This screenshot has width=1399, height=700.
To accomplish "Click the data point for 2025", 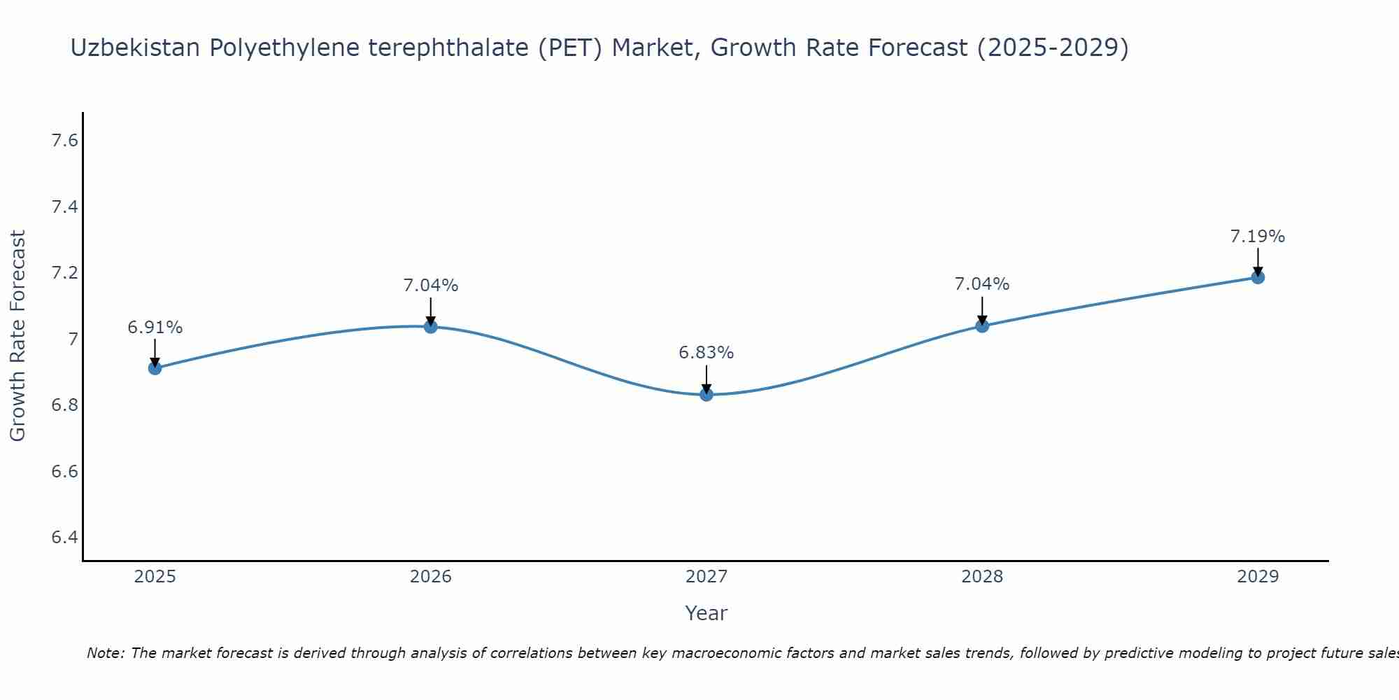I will point(155,368).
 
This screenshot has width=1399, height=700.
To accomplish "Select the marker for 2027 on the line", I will point(706,395).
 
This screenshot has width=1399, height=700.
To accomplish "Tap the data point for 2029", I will point(1258,277).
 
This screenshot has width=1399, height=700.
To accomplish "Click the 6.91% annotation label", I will point(155,328).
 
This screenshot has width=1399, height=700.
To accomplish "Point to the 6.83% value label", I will point(706,353).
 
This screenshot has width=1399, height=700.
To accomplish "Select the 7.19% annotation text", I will point(1258,237).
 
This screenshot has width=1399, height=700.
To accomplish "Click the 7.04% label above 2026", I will point(431,286).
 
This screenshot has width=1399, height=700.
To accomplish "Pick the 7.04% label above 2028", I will point(982,284).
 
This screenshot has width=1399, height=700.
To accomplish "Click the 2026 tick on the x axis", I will point(431,577).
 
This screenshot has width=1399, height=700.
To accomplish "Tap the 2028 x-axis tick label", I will point(982,577).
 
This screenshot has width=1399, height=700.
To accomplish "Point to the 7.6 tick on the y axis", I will point(64,141).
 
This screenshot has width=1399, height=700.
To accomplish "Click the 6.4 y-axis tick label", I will point(64,538).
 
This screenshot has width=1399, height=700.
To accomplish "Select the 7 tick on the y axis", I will point(72,339).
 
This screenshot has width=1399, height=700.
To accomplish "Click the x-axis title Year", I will point(706,613).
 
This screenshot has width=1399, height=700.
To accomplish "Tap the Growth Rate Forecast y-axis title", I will point(17,336).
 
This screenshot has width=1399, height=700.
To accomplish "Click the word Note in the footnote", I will point(105,653).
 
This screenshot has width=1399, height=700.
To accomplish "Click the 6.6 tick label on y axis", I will point(64,472).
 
